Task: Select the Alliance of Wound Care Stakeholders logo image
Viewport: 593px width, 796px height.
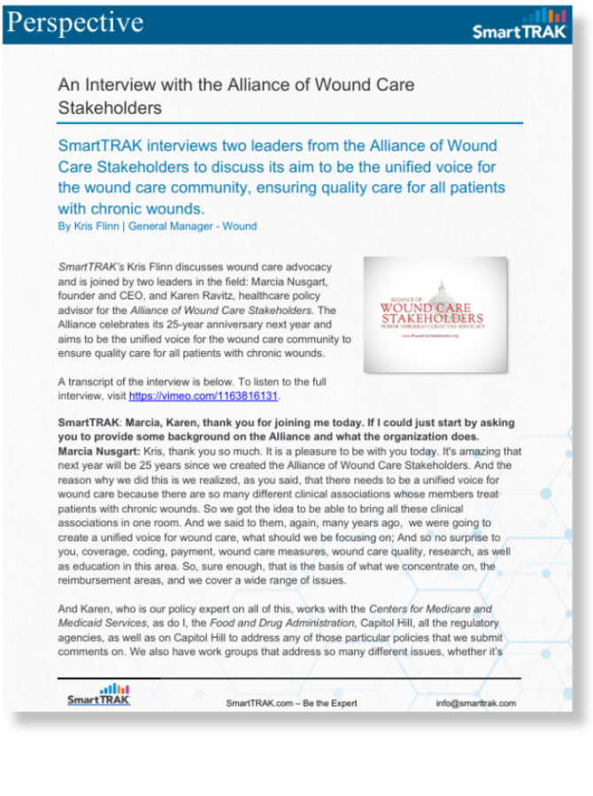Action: [435, 314]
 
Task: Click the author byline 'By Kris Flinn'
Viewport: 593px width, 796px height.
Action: [90, 226]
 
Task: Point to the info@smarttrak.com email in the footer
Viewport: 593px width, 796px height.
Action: [475, 703]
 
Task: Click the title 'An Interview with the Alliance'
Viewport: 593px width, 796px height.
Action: [235, 86]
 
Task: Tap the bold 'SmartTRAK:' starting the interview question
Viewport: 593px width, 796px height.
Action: [88, 423]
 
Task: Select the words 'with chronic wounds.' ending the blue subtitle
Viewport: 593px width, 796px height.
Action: [131, 209]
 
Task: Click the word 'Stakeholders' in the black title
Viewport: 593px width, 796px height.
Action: [110, 108]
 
